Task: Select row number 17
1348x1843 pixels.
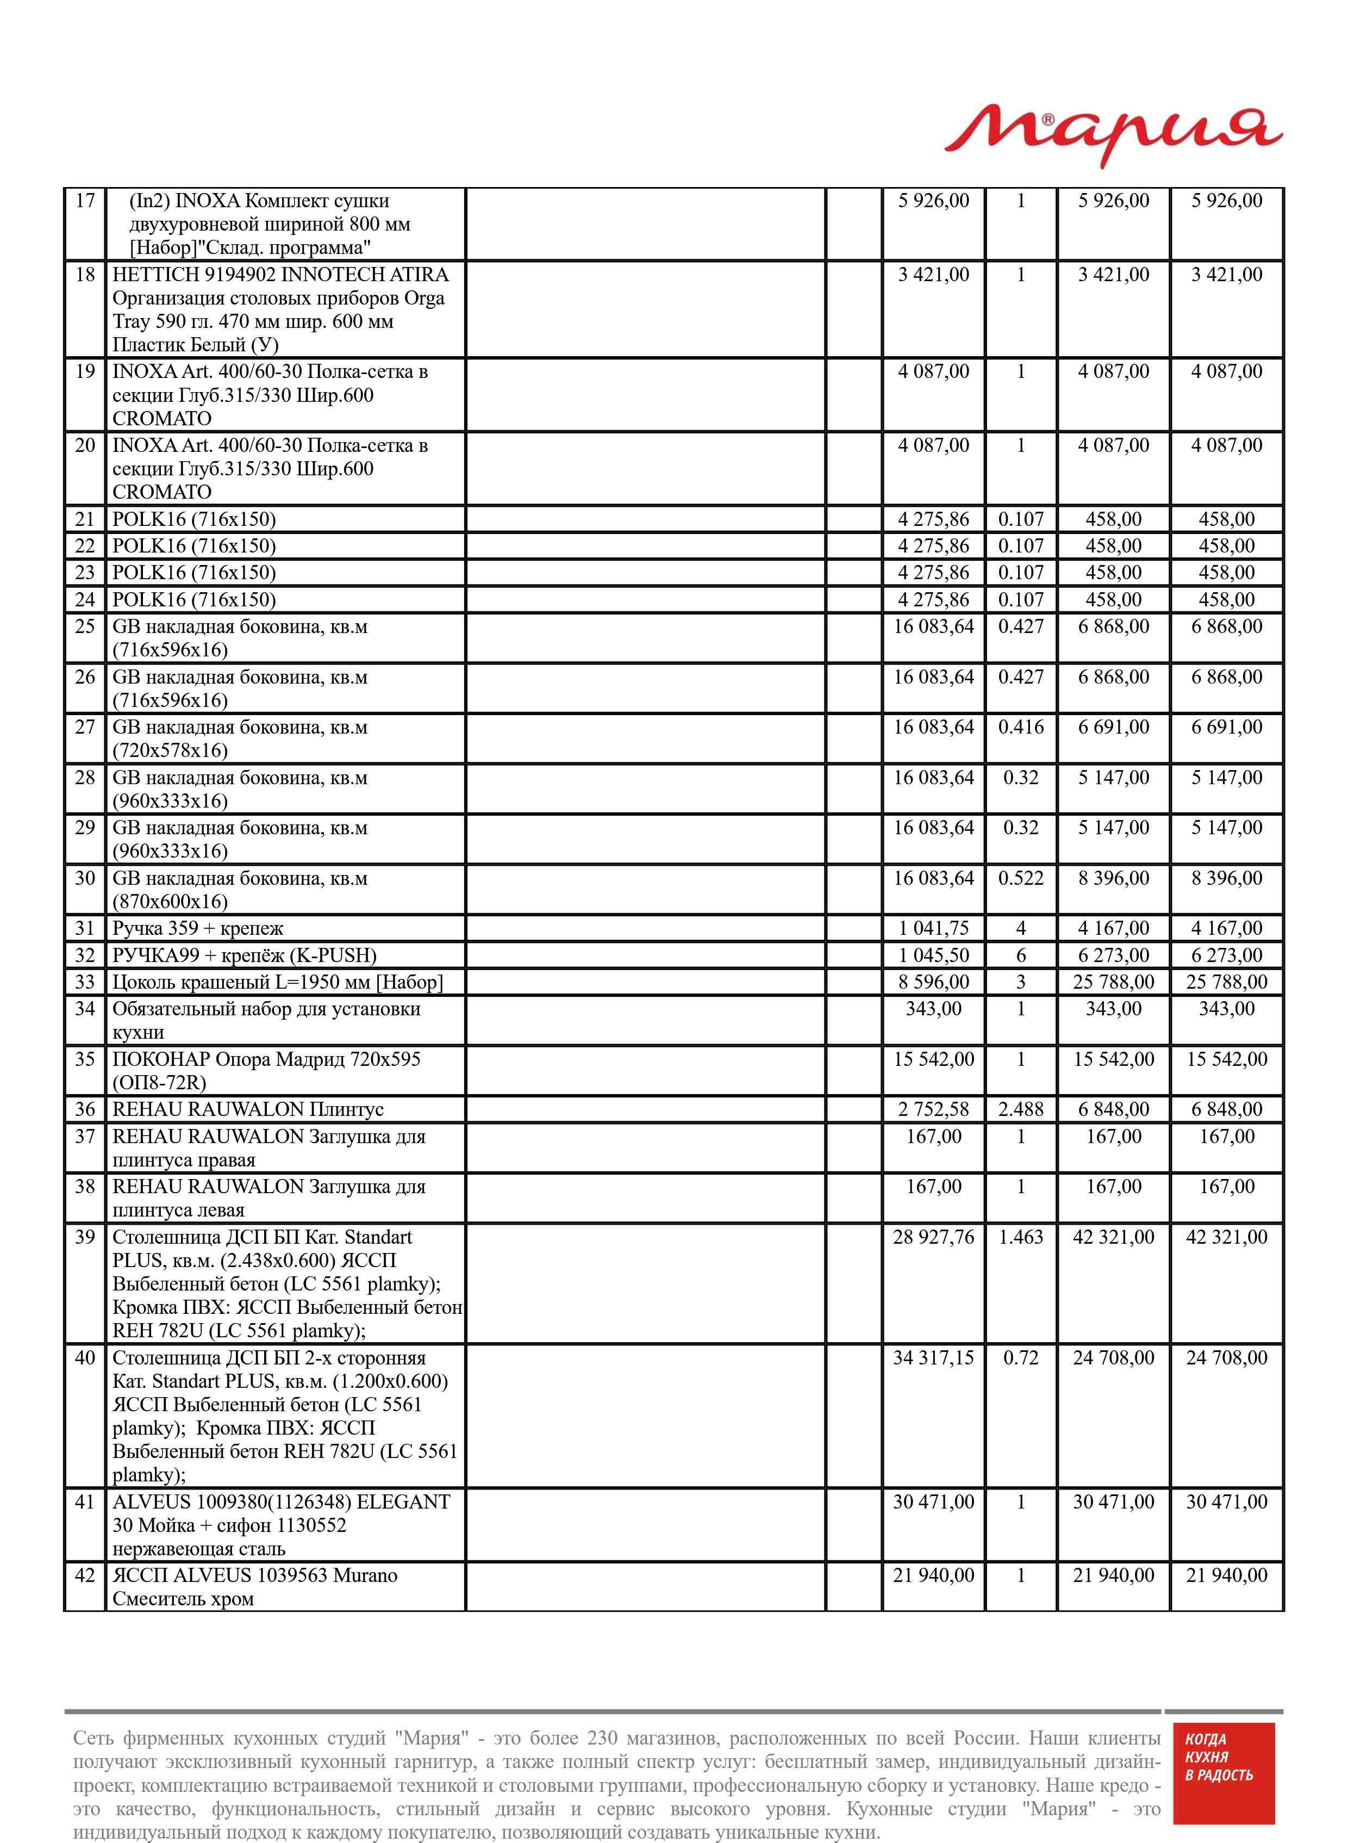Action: click(x=85, y=201)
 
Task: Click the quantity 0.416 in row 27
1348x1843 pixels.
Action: click(x=1020, y=727)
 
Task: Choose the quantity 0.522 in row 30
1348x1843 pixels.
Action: click(x=1020, y=878)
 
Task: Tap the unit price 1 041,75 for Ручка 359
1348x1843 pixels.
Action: click(x=933, y=928)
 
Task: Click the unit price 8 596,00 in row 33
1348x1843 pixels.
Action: click(x=933, y=982)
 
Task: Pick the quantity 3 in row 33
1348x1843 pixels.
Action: click(x=1020, y=982)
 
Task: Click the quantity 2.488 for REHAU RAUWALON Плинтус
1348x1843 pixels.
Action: click(x=1020, y=1109)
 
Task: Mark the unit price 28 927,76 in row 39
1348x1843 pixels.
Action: click(x=933, y=1237)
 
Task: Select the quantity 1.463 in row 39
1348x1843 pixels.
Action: click(x=1020, y=1237)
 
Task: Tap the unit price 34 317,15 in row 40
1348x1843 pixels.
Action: click(x=933, y=1358)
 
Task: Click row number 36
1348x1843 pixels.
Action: click(x=85, y=1109)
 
